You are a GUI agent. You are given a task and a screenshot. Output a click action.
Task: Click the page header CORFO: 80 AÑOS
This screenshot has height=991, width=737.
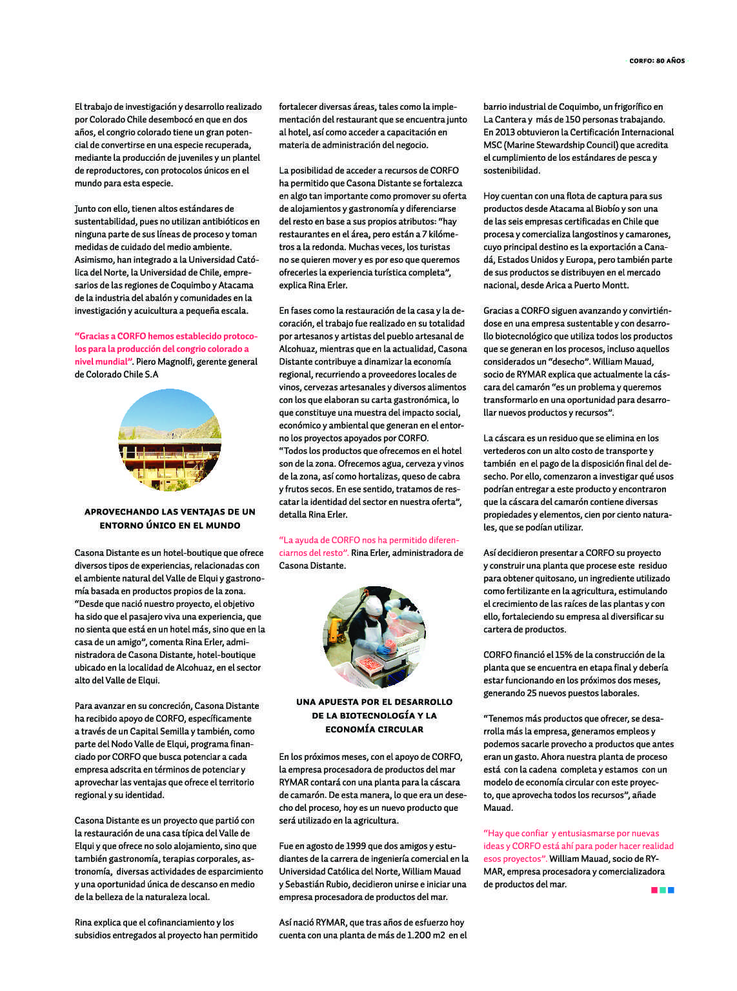click(x=656, y=61)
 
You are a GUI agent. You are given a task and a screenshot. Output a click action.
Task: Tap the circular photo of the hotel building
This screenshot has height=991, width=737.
click(x=170, y=440)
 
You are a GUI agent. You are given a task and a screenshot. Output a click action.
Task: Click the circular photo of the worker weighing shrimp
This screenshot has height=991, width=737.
click(x=374, y=637)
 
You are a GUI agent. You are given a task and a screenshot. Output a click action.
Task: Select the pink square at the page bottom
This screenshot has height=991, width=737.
click(x=654, y=890)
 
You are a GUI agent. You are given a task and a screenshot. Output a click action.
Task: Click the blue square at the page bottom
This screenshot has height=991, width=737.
click(x=671, y=890)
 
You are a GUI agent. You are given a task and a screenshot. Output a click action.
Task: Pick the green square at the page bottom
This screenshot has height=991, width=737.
click(x=663, y=890)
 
